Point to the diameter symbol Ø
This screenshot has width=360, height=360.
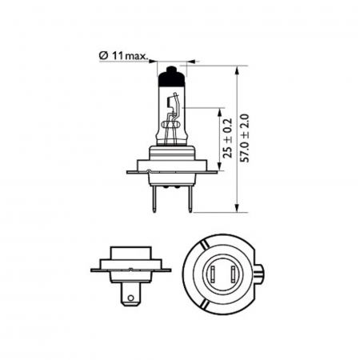coord(103,54)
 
